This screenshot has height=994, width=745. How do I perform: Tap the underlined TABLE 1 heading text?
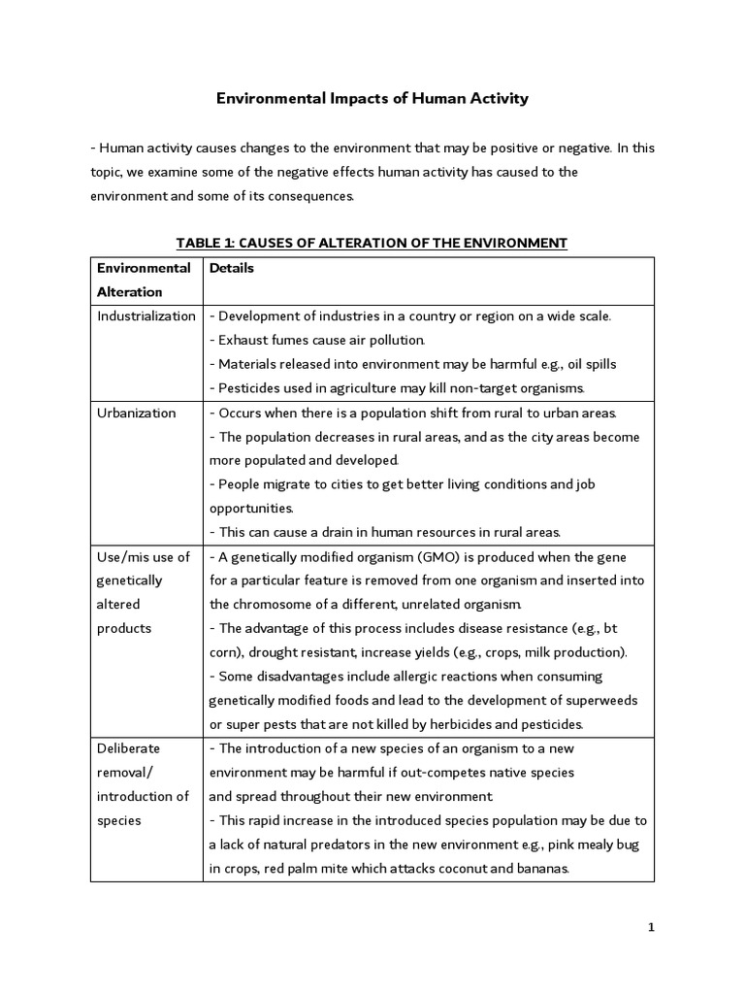372,243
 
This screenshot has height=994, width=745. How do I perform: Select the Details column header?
232,268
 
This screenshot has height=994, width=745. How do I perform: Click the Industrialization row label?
146,316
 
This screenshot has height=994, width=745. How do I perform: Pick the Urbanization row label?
137,414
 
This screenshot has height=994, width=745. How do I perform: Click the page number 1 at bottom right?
651,927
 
